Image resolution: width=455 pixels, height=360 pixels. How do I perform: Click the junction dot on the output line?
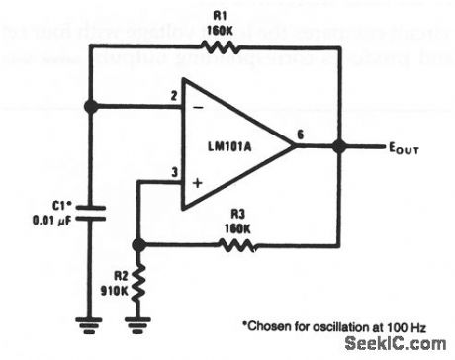(338, 146)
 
